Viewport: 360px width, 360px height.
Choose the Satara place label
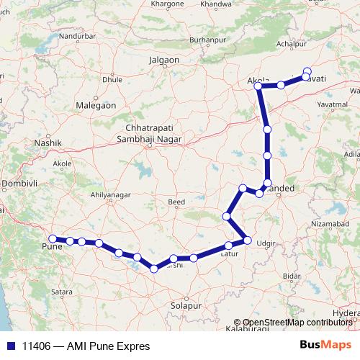point(62,292)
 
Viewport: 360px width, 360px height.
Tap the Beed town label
point(176,203)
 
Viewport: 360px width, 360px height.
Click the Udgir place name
point(266,244)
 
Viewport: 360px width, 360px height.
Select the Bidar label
point(291,276)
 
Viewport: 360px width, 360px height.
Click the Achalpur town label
point(292,44)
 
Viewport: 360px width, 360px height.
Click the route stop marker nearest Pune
point(53,238)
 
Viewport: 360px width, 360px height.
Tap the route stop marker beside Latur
point(229,246)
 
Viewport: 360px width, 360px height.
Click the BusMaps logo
point(331,345)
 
